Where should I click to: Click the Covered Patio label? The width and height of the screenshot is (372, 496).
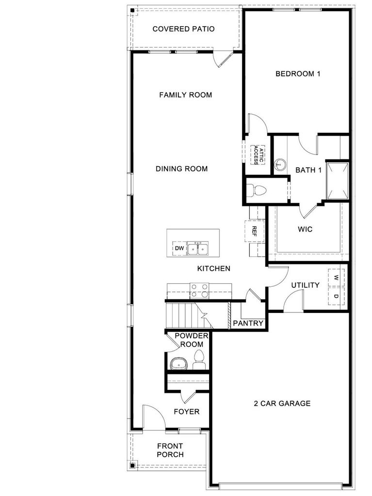pyautogui.click(x=183, y=29)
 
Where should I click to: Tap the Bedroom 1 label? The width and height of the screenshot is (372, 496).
pyautogui.click(x=298, y=74)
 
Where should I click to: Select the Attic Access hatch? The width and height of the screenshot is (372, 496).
pyautogui.click(x=257, y=155)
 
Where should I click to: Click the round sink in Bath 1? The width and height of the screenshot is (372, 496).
pyautogui.click(x=280, y=165)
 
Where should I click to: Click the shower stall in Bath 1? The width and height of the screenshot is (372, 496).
pyautogui.click(x=338, y=181)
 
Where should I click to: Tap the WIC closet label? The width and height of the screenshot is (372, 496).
pyautogui.click(x=305, y=229)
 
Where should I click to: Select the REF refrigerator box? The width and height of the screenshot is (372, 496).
pyautogui.click(x=254, y=231)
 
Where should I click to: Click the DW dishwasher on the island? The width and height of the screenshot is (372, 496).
pyautogui.click(x=179, y=248)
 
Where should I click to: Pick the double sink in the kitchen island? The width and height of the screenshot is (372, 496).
pyautogui.click(x=197, y=248)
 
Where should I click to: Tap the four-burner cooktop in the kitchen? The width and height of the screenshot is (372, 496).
pyautogui.click(x=199, y=291)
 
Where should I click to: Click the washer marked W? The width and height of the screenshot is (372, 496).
pyautogui.click(x=336, y=278)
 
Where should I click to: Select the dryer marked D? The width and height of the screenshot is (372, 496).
pyautogui.click(x=336, y=296)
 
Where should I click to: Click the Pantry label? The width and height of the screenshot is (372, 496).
pyautogui.click(x=248, y=323)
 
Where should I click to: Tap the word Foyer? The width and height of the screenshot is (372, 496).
pyautogui.click(x=187, y=412)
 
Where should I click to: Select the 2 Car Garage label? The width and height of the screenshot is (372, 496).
pyautogui.click(x=282, y=403)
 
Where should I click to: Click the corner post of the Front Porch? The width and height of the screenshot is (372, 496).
pyautogui.click(x=132, y=465)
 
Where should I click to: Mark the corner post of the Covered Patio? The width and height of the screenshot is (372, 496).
pyautogui.click(x=132, y=11)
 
